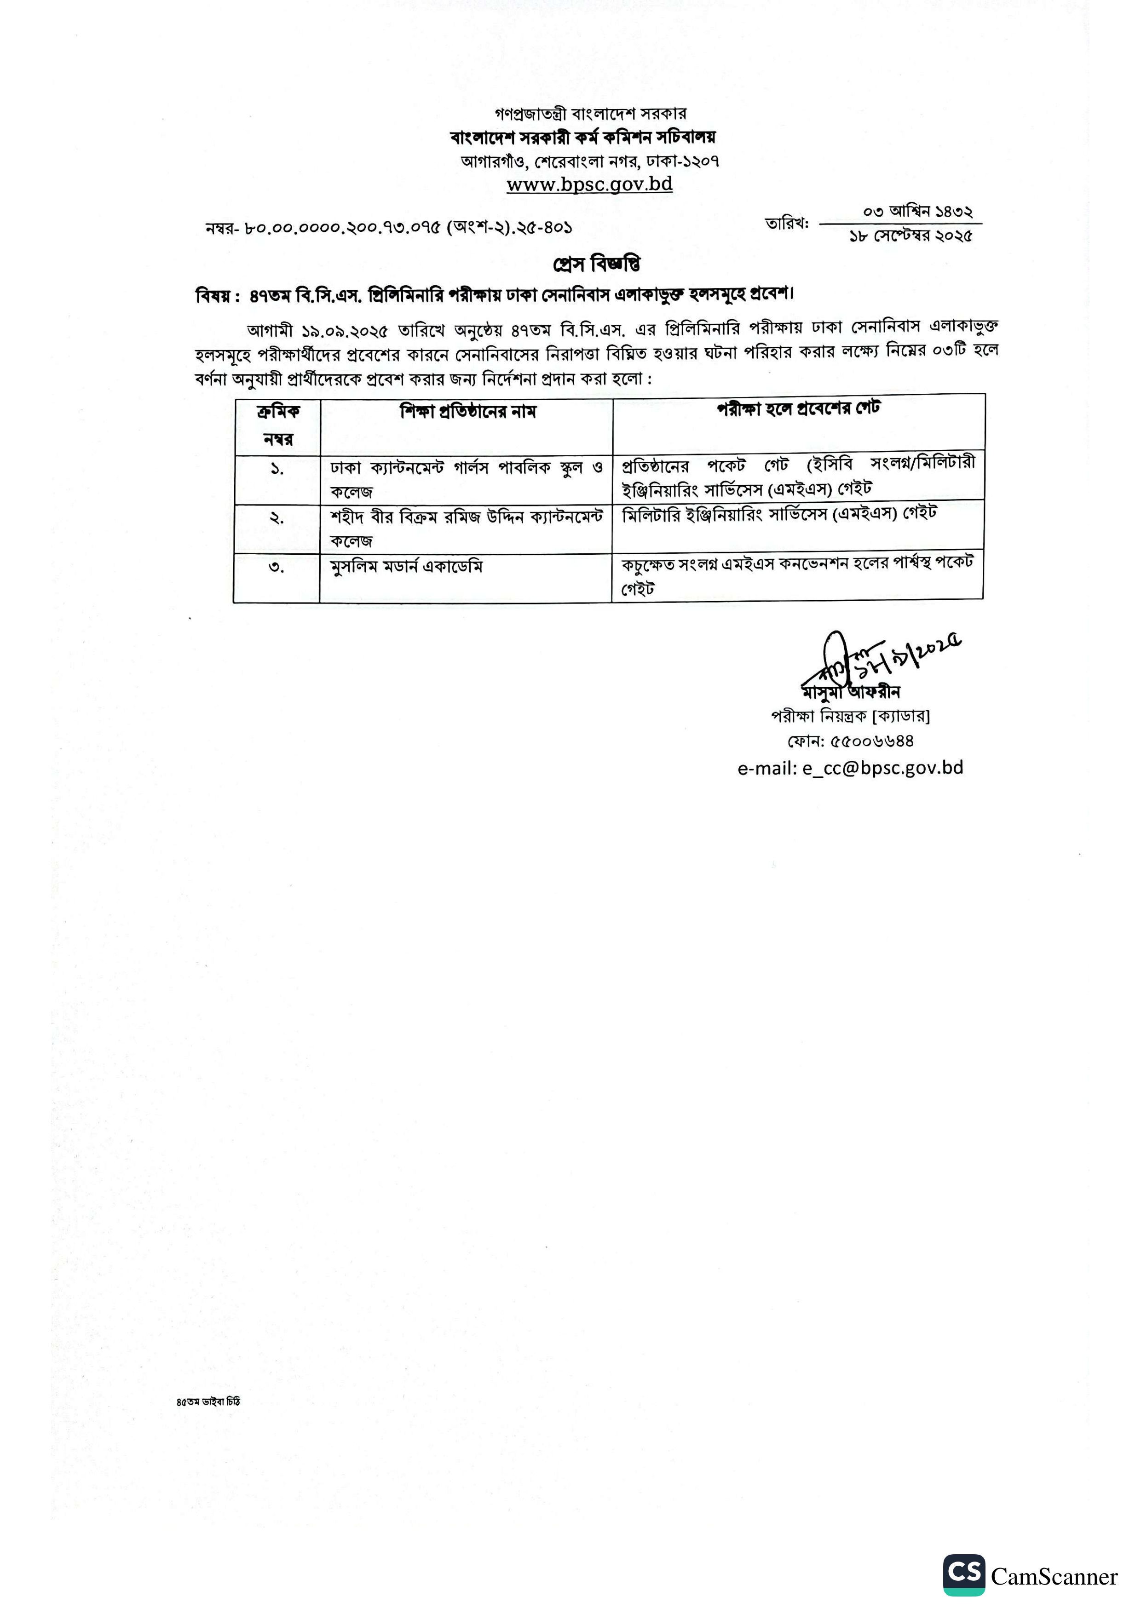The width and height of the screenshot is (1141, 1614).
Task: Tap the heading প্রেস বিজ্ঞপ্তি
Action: pyautogui.click(x=596, y=264)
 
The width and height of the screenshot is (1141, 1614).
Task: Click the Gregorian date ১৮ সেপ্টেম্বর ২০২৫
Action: pyautogui.click(x=910, y=236)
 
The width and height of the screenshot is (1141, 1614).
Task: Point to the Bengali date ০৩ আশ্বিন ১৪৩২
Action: pyautogui.click(x=917, y=211)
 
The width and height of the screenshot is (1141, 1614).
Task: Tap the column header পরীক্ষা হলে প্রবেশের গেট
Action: pyautogui.click(x=798, y=408)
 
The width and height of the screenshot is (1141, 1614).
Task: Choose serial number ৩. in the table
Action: pyautogui.click(x=277, y=567)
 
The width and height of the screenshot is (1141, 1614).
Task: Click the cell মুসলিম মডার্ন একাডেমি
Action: pyautogui.click(x=406, y=567)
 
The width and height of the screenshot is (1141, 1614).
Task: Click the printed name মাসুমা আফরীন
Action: pyautogui.click(x=851, y=692)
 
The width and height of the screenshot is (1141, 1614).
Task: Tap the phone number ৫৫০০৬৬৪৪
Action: pyautogui.click(x=872, y=741)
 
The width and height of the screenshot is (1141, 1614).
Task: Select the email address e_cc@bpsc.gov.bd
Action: pyautogui.click(x=882, y=768)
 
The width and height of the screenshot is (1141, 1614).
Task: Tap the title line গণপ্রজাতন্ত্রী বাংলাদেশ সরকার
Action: pyautogui.click(x=591, y=113)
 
